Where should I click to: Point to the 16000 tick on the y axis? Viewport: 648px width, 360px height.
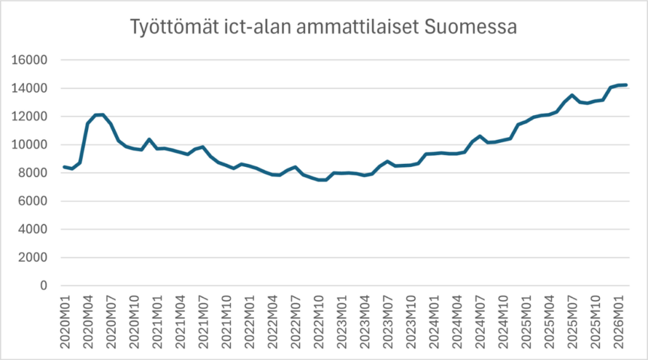click(30, 60)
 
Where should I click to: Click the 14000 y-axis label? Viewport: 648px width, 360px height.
click(30, 89)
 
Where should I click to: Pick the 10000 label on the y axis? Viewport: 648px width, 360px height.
click(30, 145)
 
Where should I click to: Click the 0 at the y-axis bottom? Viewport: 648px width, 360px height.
click(44, 286)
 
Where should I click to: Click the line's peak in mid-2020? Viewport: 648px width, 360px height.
click(103, 115)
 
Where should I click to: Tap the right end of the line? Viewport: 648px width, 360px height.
click(625, 85)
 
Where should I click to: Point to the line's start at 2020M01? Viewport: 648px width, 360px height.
click(65, 167)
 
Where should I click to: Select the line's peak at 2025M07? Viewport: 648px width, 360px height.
click(572, 96)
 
